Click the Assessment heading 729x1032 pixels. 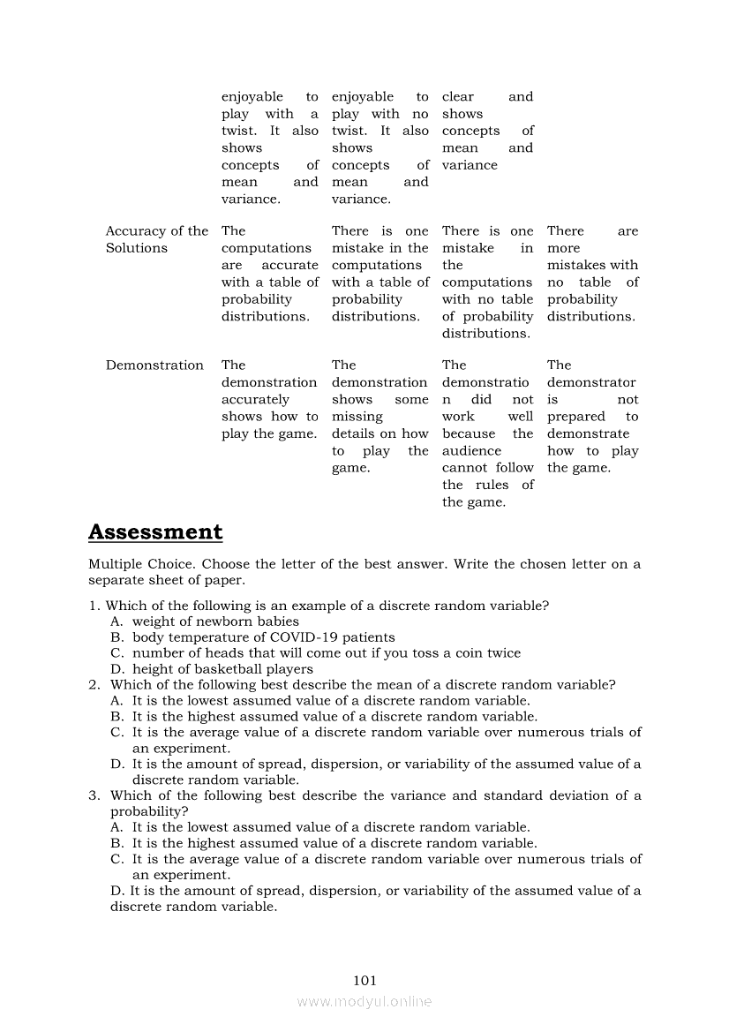(155, 532)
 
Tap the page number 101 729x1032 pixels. (364, 980)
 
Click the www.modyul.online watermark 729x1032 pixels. (364, 1001)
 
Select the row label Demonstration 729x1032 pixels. (154, 365)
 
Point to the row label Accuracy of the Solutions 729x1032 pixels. (156, 239)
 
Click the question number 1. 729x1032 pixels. (93, 606)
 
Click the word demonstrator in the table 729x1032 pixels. (590, 382)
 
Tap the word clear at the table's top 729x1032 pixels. (458, 97)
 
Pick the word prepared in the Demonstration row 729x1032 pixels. (576, 417)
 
